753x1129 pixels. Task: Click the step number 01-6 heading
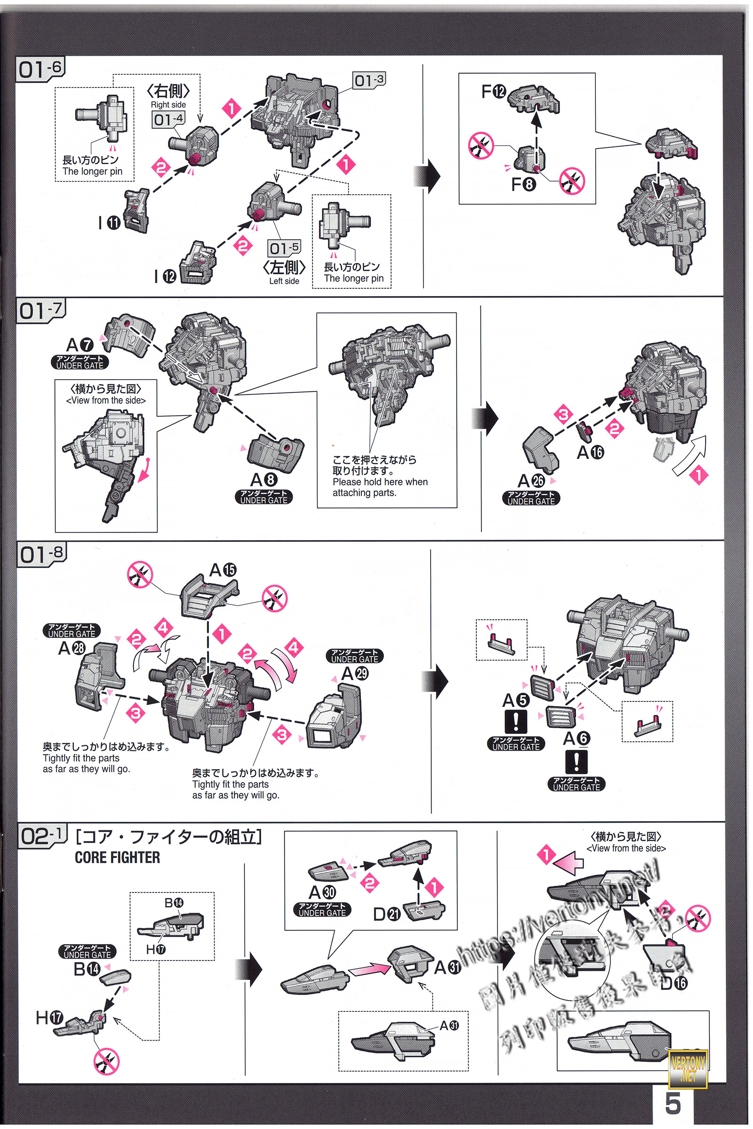tap(40, 70)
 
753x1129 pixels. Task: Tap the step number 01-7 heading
tap(40, 311)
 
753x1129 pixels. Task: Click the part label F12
tap(494, 91)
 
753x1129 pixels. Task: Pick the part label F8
tap(523, 184)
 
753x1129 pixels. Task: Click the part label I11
tap(109, 222)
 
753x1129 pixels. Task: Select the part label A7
tap(80, 345)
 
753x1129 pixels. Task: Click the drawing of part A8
tap(275, 449)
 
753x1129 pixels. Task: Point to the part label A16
tap(590, 452)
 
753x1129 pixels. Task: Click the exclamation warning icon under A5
tap(516, 722)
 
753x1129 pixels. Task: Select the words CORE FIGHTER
tap(117, 858)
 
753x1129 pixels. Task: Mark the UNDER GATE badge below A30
tap(322, 910)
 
